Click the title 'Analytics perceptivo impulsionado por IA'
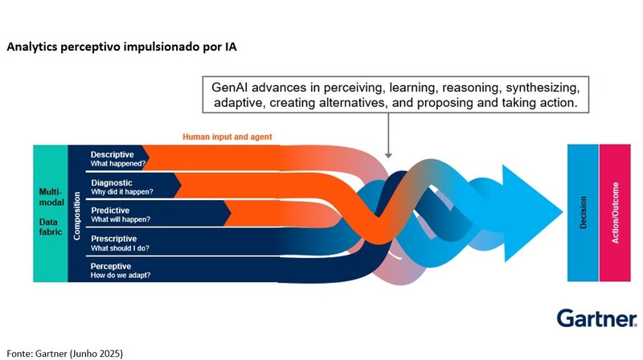121,47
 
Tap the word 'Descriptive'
113,153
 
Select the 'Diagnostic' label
112,182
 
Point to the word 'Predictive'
111,211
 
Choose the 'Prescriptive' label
113,239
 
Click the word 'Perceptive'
112,266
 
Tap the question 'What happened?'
117,164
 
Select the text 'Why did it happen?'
122,193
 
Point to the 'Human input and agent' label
227,137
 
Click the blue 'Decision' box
583,214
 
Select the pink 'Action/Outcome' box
615,214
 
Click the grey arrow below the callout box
389,137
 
